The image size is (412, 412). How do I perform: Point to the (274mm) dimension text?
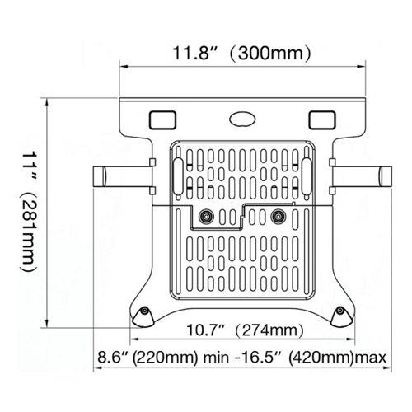(265, 332)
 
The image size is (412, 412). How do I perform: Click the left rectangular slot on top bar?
(162, 119)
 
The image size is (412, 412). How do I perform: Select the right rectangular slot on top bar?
(320, 119)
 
